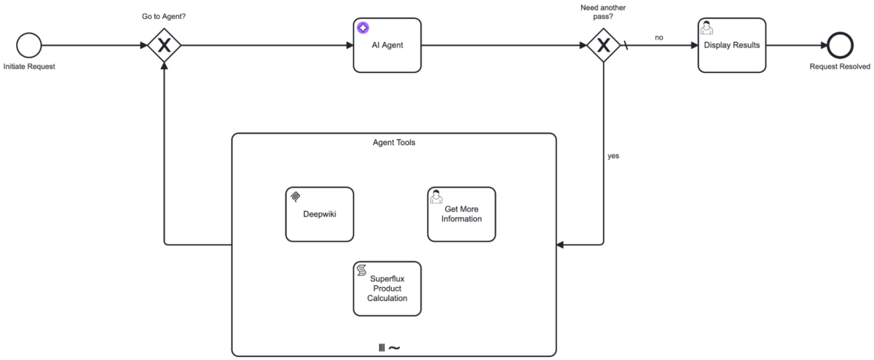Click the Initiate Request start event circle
pyautogui.click(x=29, y=45)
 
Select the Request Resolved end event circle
pyautogui.click(x=840, y=45)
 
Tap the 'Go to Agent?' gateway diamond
pyautogui.click(x=164, y=45)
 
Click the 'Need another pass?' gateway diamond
pyautogui.click(x=604, y=45)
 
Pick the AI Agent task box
pyautogui.click(x=387, y=45)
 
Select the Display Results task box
pyautogui.click(x=731, y=45)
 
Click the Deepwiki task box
pyautogui.click(x=319, y=214)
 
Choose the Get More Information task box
pyautogui.click(x=461, y=214)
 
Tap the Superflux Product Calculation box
pyautogui.click(x=387, y=289)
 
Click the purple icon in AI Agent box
pyautogui.click(x=363, y=28)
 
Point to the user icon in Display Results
pyautogui.click(x=706, y=28)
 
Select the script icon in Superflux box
pyautogui.click(x=361, y=270)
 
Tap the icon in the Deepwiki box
pyautogui.click(x=295, y=196)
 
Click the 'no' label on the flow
pyautogui.click(x=658, y=37)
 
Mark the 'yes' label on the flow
pyautogui.click(x=613, y=156)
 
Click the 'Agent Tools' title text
pyautogui.click(x=393, y=142)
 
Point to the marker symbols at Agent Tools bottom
pyautogui.click(x=389, y=348)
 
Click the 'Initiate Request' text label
pyautogui.click(x=29, y=67)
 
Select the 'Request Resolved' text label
pyautogui.click(x=840, y=67)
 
